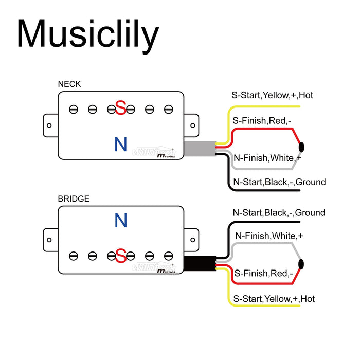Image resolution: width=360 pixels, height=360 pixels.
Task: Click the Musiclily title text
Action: [87, 35]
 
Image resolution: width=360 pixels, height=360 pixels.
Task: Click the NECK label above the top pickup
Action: [69, 84]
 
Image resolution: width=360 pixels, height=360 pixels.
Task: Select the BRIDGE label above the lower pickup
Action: [73, 199]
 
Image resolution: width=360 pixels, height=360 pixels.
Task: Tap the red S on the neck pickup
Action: [121, 109]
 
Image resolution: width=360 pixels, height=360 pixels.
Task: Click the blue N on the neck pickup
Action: [120, 145]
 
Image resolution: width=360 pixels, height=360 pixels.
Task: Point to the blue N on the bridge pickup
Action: [120, 221]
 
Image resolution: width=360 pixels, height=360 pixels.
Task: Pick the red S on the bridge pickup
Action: [121, 255]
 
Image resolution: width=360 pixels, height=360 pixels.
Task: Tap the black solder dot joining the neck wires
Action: [301, 147]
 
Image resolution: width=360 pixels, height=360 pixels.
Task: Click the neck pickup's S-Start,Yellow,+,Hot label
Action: [273, 95]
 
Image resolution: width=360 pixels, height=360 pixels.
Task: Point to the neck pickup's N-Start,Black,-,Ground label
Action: [279, 182]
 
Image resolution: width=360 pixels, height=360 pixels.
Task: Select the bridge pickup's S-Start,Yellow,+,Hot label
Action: [274, 299]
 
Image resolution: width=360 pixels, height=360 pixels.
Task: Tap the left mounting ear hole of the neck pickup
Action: [49, 125]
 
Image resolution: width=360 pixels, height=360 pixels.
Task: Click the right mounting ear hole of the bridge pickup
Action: [192, 240]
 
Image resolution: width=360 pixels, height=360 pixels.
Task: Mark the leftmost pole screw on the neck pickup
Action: [74, 109]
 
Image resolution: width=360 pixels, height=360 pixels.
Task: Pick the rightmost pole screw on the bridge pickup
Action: [168, 255]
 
